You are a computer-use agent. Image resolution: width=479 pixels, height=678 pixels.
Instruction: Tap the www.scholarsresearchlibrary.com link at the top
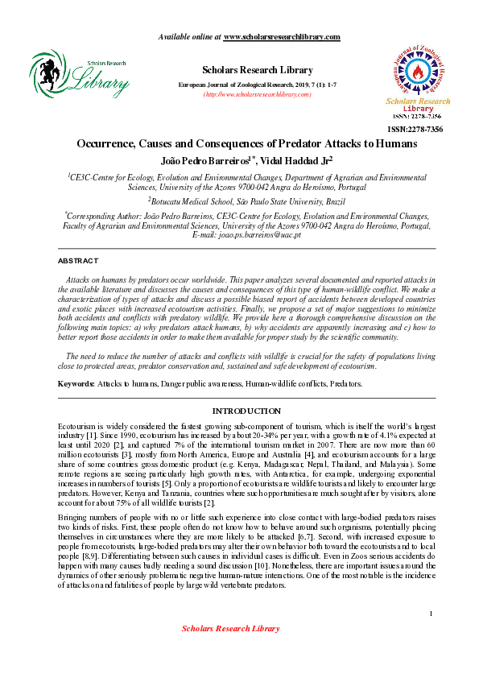pos(281,37)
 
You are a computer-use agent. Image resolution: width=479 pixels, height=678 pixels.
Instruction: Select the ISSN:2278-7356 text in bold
pos(416,129)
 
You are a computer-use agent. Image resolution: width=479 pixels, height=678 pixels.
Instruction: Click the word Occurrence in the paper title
pos(109,144)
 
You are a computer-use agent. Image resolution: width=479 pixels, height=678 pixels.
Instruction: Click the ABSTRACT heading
pos(78,261)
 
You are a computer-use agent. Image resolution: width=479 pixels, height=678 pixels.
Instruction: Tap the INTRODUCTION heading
pos(246,411)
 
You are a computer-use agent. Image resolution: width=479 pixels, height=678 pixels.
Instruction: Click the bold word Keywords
pos(75,383)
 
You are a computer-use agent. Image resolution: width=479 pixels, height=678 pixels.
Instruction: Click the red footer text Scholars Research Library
pos(230,650)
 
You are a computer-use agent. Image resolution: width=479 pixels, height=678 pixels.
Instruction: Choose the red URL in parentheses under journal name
pos(246,94)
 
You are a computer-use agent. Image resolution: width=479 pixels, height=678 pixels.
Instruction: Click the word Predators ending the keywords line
pos(346,383)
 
